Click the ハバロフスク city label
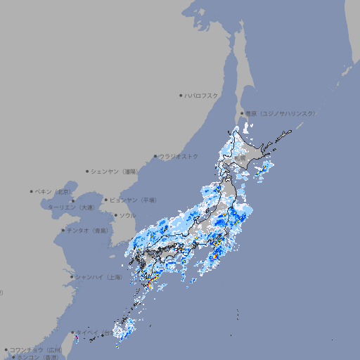pyautogui.click(x=202, y=95)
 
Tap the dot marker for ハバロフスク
pyautogui.click(x=181, y=95)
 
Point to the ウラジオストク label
pyautogui.click(x=179, y=156)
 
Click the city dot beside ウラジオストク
pyautogui.click(x=155, y=157)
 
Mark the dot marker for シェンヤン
pyautogui.click(x=88, y=171)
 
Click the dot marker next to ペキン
pyautogui.click(x=32, y=191)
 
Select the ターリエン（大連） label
pyautogui.click(x=71, y=207)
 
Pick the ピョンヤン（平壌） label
pyautogui.click(x=134, y=200)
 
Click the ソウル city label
pyautogui.click(x=127, y=215)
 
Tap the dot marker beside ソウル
pyautogui.click(x=114, y=215)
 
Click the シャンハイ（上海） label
pyautogui.click(x=98, y=277)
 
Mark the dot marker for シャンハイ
pyautogui.click(x=72, y=277)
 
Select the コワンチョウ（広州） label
pyautogui.click(x=35, y=349)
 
